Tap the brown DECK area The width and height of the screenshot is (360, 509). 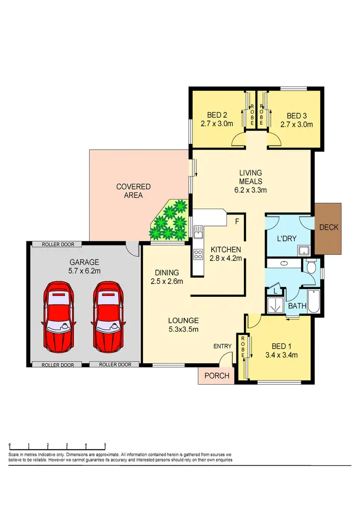click(328, 228)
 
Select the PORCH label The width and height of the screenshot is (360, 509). click(216, 376)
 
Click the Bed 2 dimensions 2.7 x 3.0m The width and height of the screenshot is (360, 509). click(217, 124)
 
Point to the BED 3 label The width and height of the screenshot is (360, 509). click(296, 116)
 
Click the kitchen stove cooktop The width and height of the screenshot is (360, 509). click(198, 254)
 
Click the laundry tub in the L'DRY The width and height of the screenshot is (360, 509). click(303, 250)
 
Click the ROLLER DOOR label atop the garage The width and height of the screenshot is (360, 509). click(57, 244)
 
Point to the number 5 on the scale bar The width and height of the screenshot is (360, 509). click(105, 445)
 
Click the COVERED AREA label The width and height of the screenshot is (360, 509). click(133, 191)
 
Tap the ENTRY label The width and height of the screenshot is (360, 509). click(223, 346)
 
